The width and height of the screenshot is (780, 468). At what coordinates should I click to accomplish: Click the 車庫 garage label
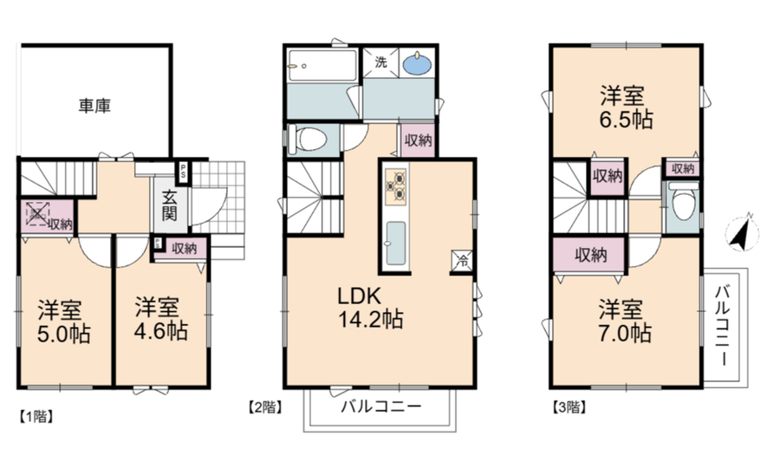(94, 106)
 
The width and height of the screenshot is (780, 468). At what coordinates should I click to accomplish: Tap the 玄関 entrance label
(169, 205)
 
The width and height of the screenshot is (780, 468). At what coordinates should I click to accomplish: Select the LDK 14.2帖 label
(370, 308)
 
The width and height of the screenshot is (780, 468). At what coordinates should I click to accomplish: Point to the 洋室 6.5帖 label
(625, 107)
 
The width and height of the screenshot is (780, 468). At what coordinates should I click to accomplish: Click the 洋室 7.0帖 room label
(624, 321)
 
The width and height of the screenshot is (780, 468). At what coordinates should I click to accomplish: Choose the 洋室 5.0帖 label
(64, 322)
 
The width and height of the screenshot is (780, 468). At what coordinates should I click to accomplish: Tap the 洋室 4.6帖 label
(160, 319)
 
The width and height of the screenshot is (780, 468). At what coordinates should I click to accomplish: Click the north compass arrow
(742, 232)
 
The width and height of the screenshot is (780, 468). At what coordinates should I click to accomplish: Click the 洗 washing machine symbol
(380, 62)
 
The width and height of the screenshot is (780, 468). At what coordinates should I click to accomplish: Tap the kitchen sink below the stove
(395, 244)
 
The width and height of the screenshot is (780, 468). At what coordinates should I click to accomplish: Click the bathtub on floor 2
(322, 65)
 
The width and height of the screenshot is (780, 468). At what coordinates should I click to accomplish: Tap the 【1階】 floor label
(36, 417)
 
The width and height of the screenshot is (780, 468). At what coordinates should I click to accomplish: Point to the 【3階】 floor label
(569, 408)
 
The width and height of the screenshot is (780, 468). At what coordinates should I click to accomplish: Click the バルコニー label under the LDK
(381, 406)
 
